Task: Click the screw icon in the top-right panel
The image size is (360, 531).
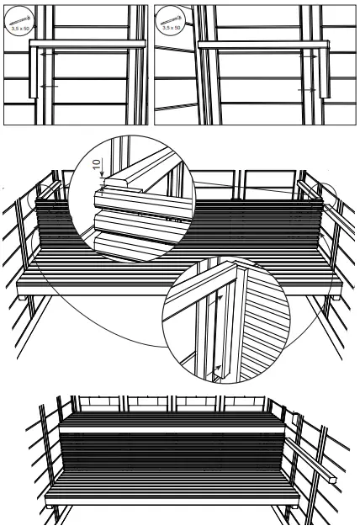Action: click(171, 17)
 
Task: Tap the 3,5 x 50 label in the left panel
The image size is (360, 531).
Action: click(17, 27)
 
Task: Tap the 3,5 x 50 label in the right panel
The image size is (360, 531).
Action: click(172, 27)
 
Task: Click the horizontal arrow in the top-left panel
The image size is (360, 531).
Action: click(50, 86)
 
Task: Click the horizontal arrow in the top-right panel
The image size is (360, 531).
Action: click(308, 87)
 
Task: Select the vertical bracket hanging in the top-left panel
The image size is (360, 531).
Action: click(34, 72)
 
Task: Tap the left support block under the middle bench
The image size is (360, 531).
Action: click(23, 295)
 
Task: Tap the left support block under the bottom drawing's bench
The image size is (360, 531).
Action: click(53, 509)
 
